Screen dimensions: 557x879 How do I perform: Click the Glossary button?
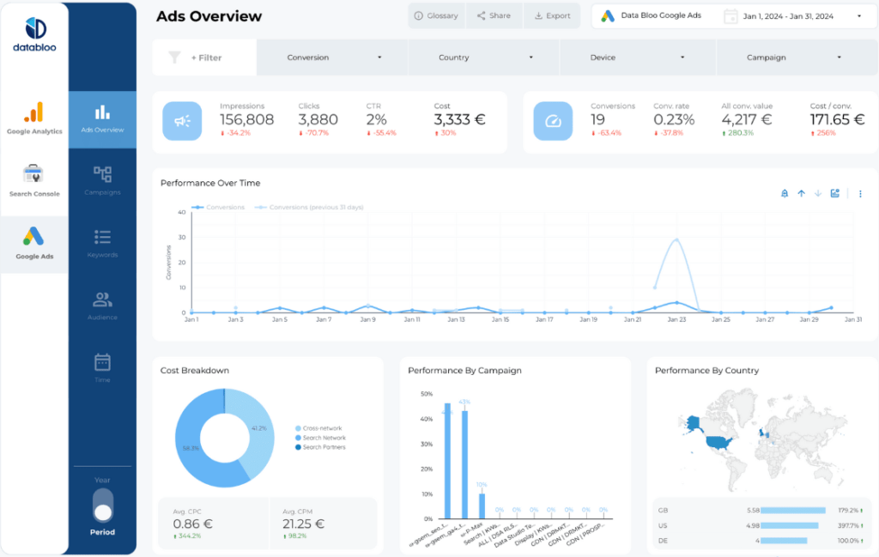[x=436, y=15]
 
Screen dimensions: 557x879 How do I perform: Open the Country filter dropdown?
[x=483, y=58]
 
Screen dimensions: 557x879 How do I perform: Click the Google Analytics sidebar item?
[x=34, y=118]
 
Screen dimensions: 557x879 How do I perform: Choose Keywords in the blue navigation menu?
[x=102, y=243]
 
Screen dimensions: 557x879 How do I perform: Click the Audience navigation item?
[x=102, y=306]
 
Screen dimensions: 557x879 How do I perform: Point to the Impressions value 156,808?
[x=246, y=120]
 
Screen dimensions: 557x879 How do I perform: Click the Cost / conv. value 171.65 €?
[x=838, y=120]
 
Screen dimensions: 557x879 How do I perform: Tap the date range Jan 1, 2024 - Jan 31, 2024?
[x=790, y=16]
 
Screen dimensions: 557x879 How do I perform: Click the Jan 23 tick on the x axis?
[x=676, y=319]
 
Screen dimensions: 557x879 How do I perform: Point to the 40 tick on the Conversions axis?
[x=181, y=212]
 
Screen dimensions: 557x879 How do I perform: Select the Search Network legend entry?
[x=324, y=438]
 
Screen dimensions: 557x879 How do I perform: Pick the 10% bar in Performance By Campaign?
[x=482, y=506]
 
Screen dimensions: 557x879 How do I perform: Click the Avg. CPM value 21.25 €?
[x=303, y=524]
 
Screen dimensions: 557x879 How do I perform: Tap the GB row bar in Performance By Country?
[x=793, y=510]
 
